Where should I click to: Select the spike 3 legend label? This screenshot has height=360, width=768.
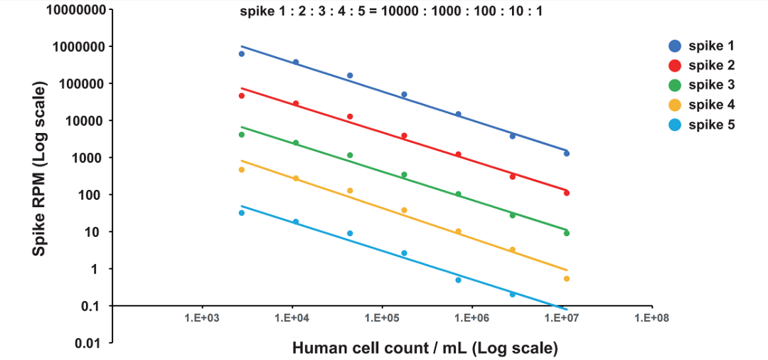point(711,85)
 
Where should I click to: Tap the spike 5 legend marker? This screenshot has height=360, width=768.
point(676,125)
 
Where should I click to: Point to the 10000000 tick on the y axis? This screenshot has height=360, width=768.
point(77,11)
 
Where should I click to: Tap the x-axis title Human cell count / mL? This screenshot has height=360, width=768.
point(425,348)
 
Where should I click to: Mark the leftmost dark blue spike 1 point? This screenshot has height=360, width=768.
point(242,53)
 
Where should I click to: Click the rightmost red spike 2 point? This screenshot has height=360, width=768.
point(567,193)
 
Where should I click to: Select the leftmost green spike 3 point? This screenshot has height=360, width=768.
point(242,134)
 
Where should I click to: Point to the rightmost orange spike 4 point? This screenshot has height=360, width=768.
point(567,279)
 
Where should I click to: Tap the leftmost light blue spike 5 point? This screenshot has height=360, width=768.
point(242,213)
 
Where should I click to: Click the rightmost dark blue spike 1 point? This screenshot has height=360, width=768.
point(567,154)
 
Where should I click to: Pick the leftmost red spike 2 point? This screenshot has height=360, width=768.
point(242,95)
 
